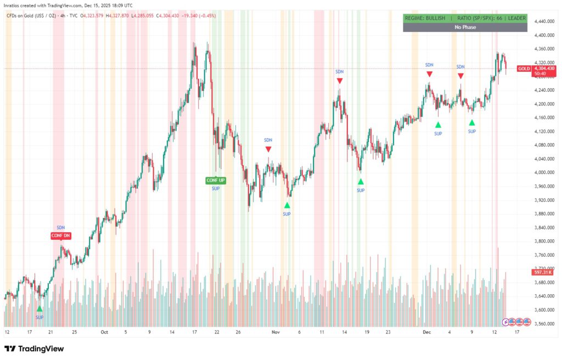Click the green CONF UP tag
tap(216, 181)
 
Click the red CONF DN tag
tap(60, 236)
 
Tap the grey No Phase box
tap(465, 27)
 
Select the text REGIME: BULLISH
tap(425, 18)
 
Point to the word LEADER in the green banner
tap(516, 18)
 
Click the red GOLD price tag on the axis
tap(524, 69)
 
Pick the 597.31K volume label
tap(541, 272)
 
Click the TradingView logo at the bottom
tap(34, 348)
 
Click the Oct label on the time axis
tap(104, 332)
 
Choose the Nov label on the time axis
tap(276, 332)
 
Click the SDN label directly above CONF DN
tap(60, 227)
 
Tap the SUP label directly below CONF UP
tap(216, 189)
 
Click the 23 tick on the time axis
tap(388, 332)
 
